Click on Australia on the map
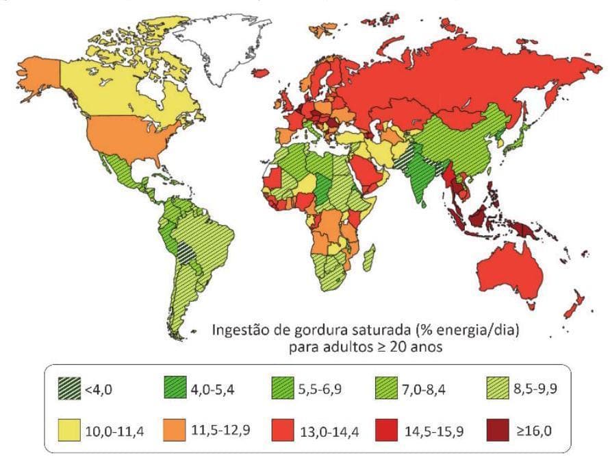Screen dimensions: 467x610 pyautogui.click(x=507, y=271)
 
